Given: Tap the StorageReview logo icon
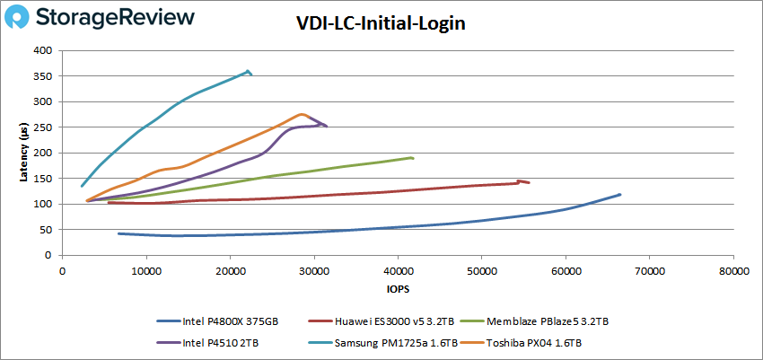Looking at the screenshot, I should click(24, 17).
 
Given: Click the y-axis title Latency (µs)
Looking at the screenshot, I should click(24, 154).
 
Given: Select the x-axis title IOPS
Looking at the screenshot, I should click(397, 290).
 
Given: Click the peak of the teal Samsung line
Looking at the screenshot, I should click(248, 71).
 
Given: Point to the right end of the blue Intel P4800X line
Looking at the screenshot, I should click(619, 195).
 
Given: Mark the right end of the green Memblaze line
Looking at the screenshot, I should click(412, 158).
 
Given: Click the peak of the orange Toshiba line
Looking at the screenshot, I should click(303, 114).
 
